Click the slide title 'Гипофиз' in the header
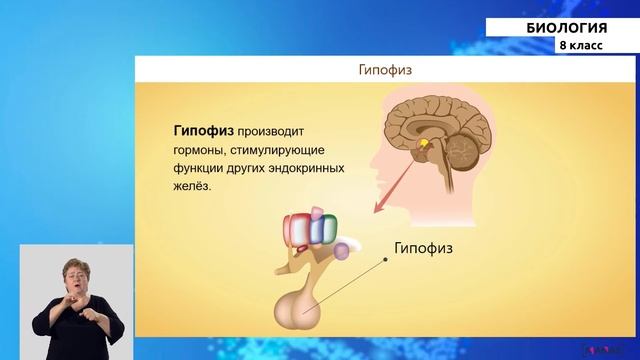(x=386, y=71)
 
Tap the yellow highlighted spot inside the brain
(x=424, y=145)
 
